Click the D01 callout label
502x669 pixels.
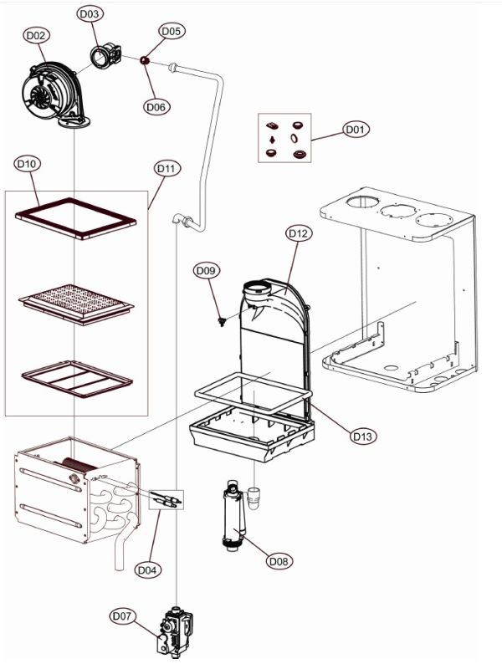point(356,130)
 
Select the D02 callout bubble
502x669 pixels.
point(36,35)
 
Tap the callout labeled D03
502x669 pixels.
point(90,14)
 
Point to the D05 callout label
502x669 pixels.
point(171,31)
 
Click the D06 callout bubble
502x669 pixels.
point(156,106)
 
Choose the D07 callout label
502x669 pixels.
point(122,616)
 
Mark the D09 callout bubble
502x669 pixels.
point(207,270)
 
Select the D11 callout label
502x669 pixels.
point(166,168)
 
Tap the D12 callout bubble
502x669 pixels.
point(299,233)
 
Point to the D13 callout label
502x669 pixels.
point(361,436)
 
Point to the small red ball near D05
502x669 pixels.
point(144,60)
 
